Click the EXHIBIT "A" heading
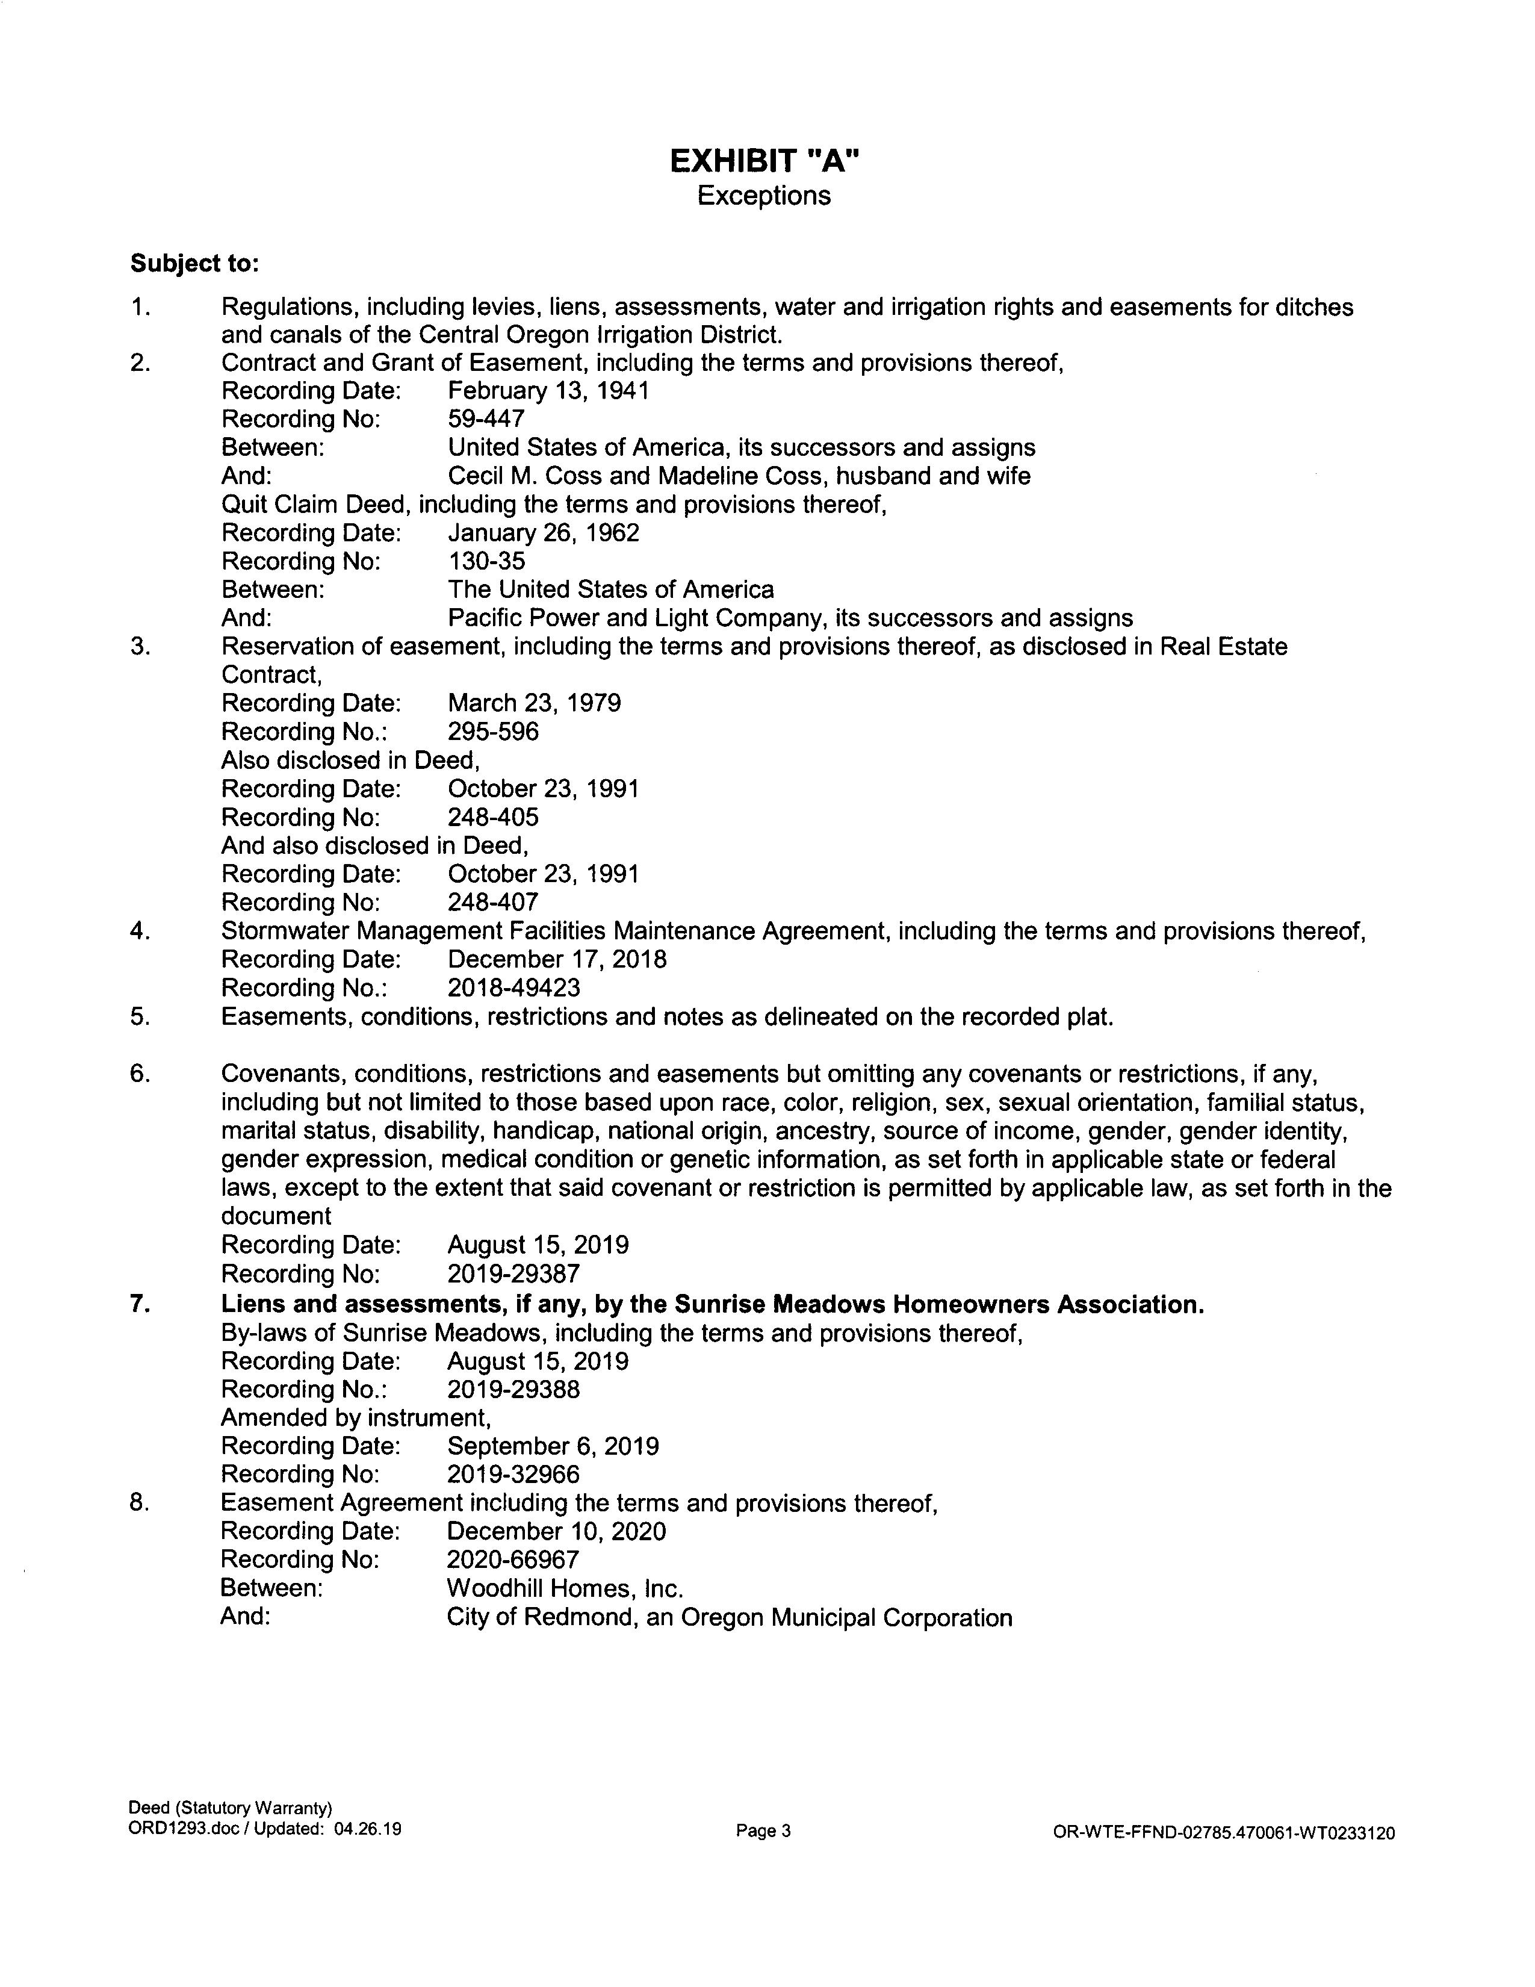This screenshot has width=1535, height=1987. [764, 161]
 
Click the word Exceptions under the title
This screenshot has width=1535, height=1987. [764, 196]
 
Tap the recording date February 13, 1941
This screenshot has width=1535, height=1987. [548, 391]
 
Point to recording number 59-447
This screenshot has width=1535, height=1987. [486, 420]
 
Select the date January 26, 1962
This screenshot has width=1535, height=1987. [544, 533]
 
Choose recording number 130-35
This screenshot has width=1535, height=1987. [486, 561]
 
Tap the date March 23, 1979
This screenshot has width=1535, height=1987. [535, 703]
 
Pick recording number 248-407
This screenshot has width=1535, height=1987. [493, 903]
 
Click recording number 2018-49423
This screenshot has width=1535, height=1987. [514, 988]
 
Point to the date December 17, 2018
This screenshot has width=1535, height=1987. [557, 960]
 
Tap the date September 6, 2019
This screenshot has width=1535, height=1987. [553, 1446]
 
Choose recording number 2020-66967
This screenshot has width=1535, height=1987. [513, 1560]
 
